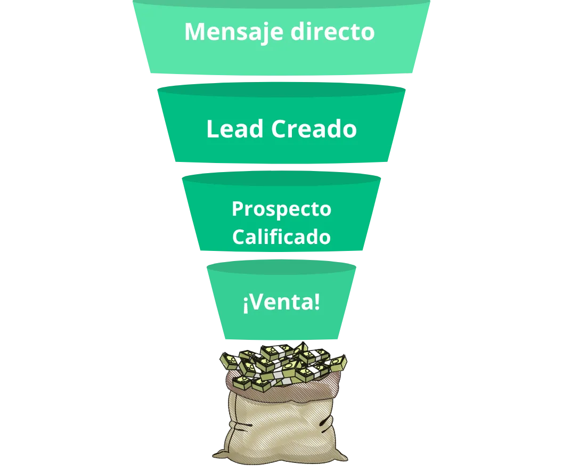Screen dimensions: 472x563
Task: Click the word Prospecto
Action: coord(281,209)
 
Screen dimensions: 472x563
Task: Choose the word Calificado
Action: coord(281,237)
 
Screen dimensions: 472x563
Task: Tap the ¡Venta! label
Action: coord(281,303)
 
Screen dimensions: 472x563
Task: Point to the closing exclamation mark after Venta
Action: coord(317,303)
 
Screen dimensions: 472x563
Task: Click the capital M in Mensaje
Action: coord(195,32)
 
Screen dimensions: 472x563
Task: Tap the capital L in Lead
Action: coord(212,129)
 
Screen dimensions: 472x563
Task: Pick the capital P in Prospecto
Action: coord(238,209)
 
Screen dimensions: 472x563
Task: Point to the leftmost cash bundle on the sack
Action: coord(230,362)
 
